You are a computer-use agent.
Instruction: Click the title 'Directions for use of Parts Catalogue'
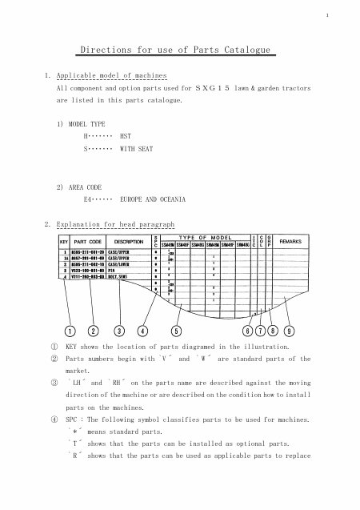click(177, 50)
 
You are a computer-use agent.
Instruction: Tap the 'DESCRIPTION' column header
click(129, 241)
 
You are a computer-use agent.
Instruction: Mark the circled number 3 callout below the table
click(119, 331)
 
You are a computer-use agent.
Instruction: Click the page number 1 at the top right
click(327, 16)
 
